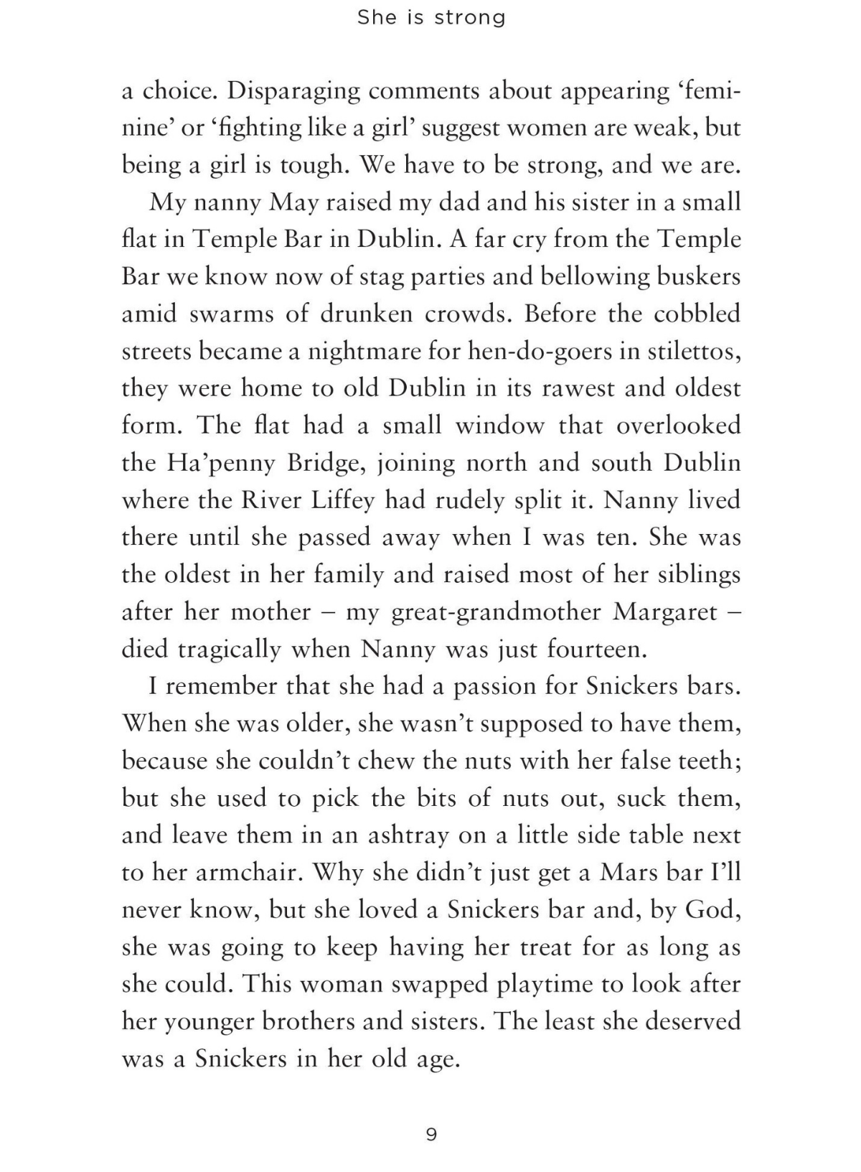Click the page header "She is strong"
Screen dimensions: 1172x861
(x=431, y=17)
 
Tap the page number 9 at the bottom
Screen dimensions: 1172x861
(x=431, y=1135)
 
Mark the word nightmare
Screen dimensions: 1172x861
(x=364, y=352)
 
